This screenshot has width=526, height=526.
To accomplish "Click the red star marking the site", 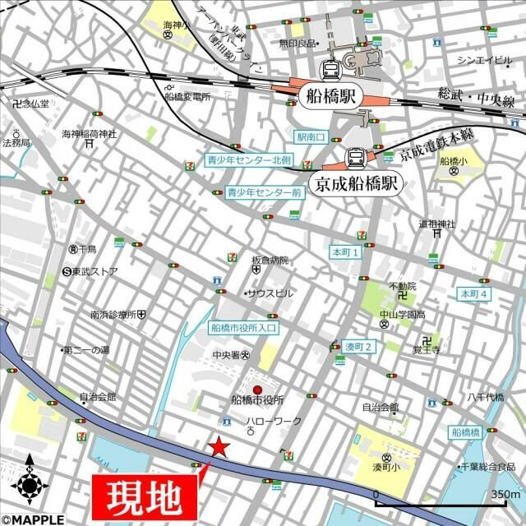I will pyautogui.click(x=219, y=447).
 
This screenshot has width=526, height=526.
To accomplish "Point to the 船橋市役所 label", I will pyautogui.click(x=257, y=401).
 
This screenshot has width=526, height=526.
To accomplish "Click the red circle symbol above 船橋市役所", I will pyautogui.click(x=257, y=390).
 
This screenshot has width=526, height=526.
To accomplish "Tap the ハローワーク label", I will pyautogui.click(x=274, y=422).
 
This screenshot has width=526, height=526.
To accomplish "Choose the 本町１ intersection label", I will pyautogui.click(x=345, y=251).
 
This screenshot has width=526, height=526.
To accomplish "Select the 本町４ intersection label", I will pyautogui.click(x=473, y=293).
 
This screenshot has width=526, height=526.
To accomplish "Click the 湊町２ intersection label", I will pyautogui.click(x=359, y=346).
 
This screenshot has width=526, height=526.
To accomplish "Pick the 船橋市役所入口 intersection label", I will pyautogui.click(x=244, y=327).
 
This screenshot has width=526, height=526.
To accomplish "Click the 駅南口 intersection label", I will pyautogui.click(x=312, y=136).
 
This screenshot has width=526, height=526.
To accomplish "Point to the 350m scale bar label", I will pyautogui.click(x=504, y=495).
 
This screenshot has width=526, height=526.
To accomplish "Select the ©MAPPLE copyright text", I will pyautogui.click(x=33, y=519).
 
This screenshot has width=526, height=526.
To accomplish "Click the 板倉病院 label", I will pyautogui.click(x=270, y=261).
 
